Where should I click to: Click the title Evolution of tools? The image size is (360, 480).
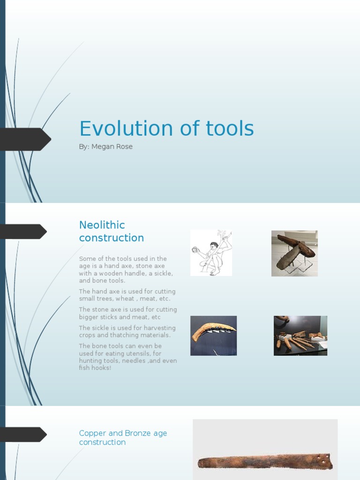pyautogui.click(x=166, y=129)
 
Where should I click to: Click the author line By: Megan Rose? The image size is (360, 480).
pyautogui.click(x=106, y=147)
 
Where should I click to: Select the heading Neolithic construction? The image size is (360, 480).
pyautogui.click(x=112, y=232)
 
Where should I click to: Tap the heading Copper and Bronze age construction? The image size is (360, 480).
pyautogui.click(x=123, y=438)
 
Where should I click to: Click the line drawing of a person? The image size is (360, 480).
pyautogui.click(x=211, y=253)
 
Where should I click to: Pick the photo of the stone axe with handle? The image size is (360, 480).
pyautogui.click(x=294, y=253)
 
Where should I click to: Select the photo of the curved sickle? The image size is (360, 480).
pyautogui.click(x=213, y=336)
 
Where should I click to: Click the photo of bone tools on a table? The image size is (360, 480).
pyautogui.click(x=300, y=336)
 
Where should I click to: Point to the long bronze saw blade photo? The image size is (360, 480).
pyautogui.click(x=265, y=461)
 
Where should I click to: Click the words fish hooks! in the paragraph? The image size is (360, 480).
pyautogui.click(x=95, y=368)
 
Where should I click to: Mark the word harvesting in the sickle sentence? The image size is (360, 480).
pyautogui.click(x=158, y=328)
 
